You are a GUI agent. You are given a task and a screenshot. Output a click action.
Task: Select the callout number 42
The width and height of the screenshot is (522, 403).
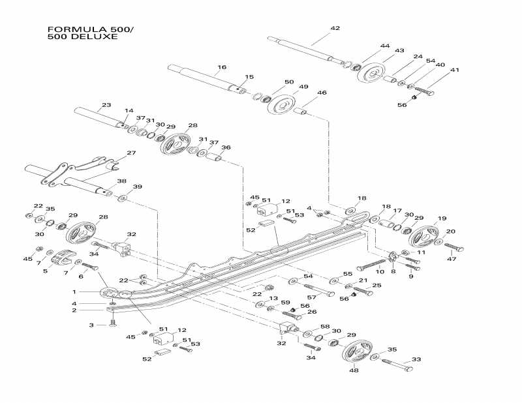335,28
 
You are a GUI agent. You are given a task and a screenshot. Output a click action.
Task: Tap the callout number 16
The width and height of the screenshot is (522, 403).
222,67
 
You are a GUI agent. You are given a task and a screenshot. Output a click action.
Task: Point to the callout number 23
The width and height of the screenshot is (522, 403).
106,104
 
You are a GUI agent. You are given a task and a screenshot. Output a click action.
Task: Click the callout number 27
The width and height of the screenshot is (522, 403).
131,153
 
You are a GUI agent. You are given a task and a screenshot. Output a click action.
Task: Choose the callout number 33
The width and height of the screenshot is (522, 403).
416,359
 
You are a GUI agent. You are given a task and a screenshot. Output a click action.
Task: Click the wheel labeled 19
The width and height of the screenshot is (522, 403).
423,237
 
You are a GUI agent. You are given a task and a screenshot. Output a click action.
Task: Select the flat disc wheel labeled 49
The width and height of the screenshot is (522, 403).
281,106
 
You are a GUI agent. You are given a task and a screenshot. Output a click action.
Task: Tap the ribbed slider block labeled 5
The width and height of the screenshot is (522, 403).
61,260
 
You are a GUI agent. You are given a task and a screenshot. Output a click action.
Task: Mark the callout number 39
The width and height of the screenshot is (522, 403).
137,187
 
